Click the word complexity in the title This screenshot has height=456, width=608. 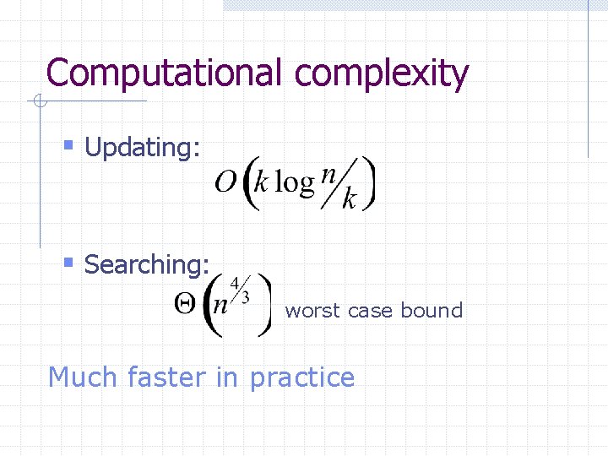381,74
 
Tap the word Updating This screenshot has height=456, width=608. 143,149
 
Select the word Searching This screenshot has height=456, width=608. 146,265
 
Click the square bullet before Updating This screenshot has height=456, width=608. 70,148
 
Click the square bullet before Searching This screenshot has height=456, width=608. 70,264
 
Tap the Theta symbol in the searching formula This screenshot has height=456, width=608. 187,305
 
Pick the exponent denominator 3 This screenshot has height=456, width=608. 246,296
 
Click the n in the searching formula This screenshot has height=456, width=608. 220,306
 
